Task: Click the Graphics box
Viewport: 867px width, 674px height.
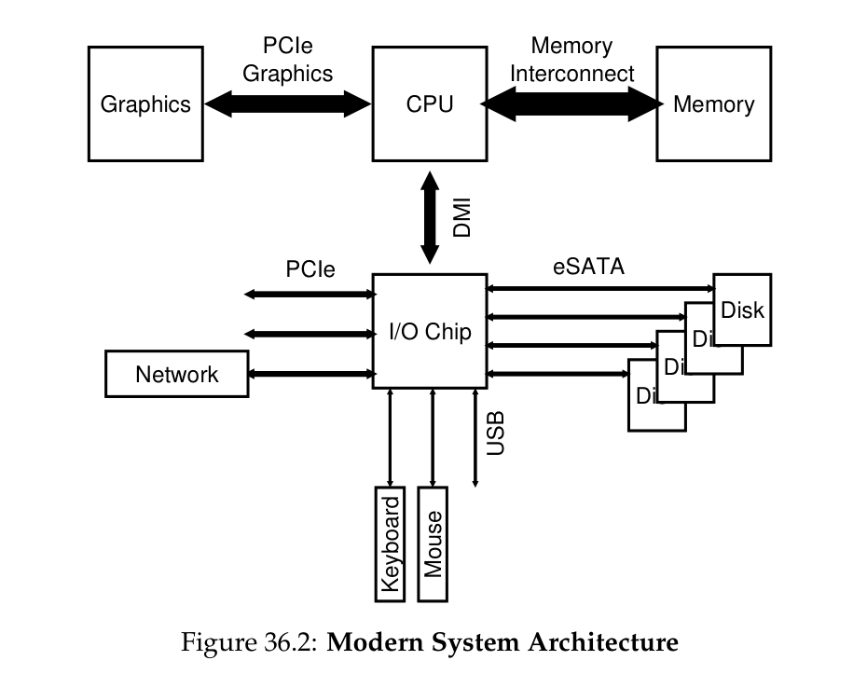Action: (x=145, y=103)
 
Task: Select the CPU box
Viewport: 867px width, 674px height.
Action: (x=430, y=103)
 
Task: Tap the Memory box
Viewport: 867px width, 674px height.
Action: (x=714, y=103)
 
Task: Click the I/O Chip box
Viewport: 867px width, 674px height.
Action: (x=430, y=331)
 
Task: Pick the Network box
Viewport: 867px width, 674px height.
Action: (x=177, y=374)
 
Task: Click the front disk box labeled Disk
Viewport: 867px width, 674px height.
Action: (x=743, y=309)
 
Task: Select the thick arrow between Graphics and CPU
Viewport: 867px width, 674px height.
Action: (x=288, y=103)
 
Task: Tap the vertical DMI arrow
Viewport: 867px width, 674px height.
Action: (x=430, y=217)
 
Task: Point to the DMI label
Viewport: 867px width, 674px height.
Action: (x=461, y=217)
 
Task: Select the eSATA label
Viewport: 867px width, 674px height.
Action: (x=588, y=268)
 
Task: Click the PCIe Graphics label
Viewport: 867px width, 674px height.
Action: (x=288, y=60)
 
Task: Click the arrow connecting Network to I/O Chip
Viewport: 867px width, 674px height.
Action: (x=310, y=374)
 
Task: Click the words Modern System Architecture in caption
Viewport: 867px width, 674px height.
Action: (x=503, y=642)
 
